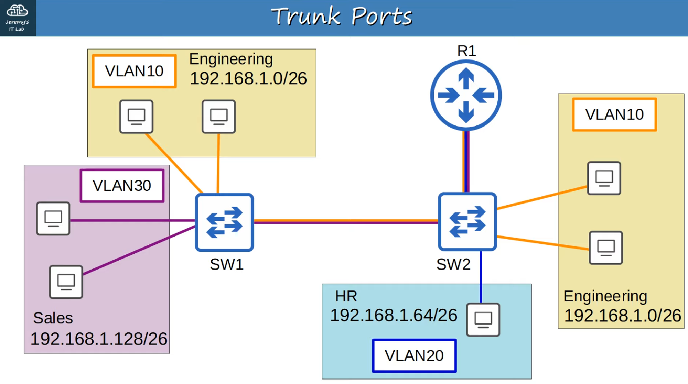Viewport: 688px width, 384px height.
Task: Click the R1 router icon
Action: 466,95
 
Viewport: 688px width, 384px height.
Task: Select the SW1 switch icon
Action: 224,222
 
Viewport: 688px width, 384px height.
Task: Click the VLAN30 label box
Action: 122,186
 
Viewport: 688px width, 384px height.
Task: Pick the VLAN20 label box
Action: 414,355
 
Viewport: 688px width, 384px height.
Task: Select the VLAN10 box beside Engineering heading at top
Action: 134,71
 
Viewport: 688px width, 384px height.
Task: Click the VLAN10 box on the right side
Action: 614,114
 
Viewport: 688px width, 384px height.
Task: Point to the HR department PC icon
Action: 483,319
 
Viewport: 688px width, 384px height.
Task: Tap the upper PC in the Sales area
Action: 53,218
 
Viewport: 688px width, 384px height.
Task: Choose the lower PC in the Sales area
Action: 66,282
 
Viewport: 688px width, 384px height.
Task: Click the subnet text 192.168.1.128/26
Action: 99,339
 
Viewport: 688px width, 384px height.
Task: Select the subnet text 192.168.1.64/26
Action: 394,315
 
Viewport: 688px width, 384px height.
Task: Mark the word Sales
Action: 53,318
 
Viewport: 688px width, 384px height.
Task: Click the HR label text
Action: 346,296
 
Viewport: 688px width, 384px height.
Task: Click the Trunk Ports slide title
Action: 342,17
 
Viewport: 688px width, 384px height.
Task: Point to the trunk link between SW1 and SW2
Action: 346,222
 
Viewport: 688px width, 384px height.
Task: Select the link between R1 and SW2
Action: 466,162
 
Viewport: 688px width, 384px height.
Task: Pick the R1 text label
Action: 466,51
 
